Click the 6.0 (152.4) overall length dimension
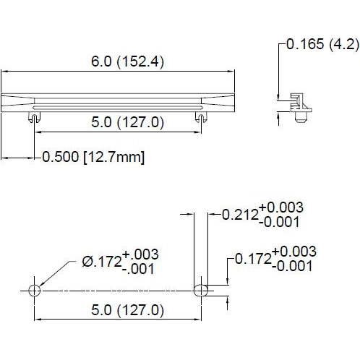click(x=127, y=62)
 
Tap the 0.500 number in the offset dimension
click(x=61, y=157)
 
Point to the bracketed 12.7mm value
click(x=114, y=157)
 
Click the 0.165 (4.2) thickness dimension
click(x=322, y=44)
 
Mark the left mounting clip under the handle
click(x=33, y=116)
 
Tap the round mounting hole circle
click(x=33, y=290)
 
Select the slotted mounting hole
click(x=202, y=290)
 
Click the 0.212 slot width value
click(x=239, y=214)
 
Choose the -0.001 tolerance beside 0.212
click(x=278, y=222)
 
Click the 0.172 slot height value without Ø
click(x=252, y=258)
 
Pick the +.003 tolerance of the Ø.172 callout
click(x=140, y=255)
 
